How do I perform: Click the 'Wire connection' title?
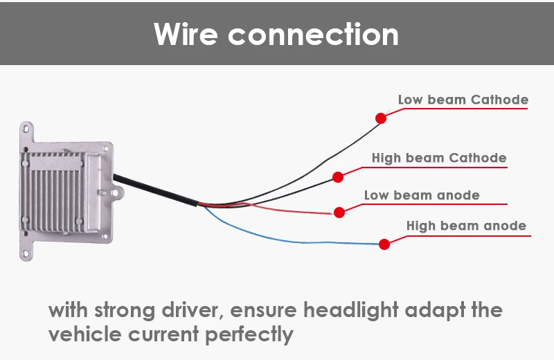pos(276,34)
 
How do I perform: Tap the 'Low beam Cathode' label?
pos(463,100)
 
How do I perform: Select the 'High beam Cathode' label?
pos(439,158)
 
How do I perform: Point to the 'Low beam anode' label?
pos(422,195)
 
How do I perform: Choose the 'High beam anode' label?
pos(466,226)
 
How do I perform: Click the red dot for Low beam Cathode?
pos(381,118)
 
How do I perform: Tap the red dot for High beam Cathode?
pos(338,177)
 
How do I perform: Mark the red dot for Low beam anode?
pos(339,213)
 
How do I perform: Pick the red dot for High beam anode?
pos(384,244)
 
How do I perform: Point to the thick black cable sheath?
pos(155,190)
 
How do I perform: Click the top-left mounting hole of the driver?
pos(26,129)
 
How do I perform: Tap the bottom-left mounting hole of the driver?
pos(26,253)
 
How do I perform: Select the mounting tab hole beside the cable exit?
pos(115,192)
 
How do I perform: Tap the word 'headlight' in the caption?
pos(351,310)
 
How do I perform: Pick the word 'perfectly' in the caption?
pos(249,334)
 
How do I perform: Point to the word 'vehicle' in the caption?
pos(84,334)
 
